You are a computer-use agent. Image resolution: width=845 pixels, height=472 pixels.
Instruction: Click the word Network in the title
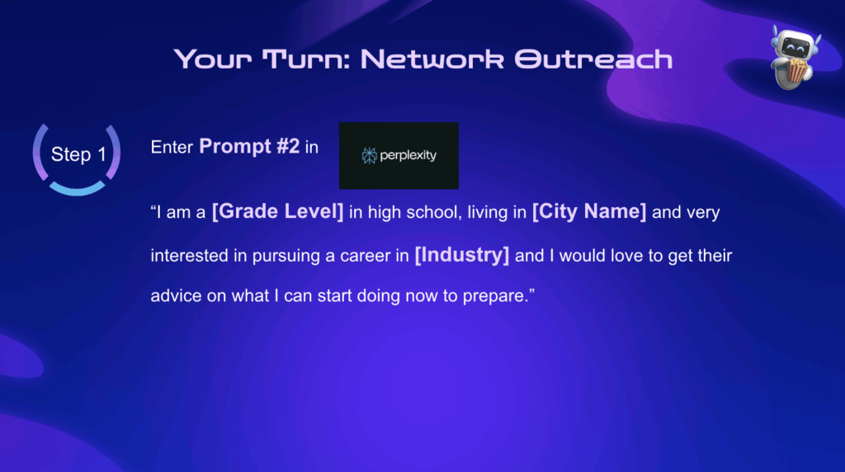(x=432, y=59)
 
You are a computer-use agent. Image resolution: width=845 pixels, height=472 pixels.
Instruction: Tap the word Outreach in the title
(x=593, y=59)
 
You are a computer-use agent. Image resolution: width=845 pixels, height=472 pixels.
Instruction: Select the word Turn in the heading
(x=307, y=59)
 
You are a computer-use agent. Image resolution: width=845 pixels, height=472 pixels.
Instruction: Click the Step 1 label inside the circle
(x=78, y=154)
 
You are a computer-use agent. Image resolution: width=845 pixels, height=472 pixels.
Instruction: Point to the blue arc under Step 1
(x=77, y=189)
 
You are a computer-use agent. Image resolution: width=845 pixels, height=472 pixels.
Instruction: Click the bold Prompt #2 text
(x=249, y=147)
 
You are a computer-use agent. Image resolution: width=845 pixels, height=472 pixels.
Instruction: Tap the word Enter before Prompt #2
(x=172, y=147)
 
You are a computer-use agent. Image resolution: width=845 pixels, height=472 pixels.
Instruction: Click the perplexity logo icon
(x=369, y=156)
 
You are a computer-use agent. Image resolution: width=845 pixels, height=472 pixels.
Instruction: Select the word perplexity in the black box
(x=408, y=156)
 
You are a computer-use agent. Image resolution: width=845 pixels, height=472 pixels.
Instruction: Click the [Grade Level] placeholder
(x=277, y=211)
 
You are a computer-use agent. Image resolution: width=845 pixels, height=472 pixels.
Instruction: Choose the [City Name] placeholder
(x=589, y=211)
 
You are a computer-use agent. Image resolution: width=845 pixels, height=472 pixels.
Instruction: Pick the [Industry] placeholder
(x=462, y=255)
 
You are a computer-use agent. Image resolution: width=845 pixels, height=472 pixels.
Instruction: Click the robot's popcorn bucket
(x=797, y=70)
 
